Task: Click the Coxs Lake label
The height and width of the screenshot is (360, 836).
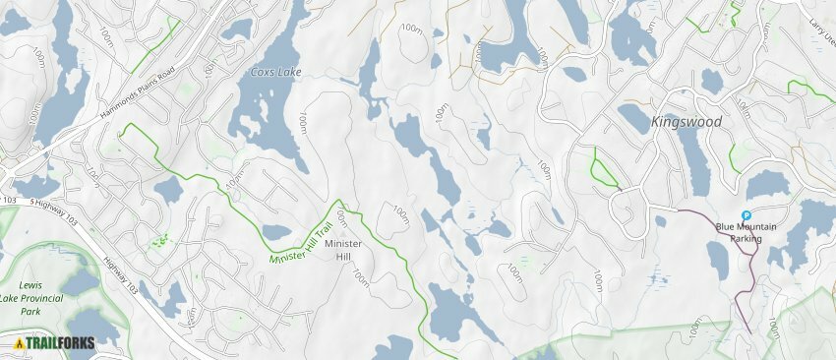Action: tap(274, 73)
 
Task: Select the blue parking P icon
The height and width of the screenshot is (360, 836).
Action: tap(746, 215)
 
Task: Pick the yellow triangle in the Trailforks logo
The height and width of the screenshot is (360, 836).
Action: tap(20, 343)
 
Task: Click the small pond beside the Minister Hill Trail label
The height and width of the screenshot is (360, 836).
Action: tap(276, 233)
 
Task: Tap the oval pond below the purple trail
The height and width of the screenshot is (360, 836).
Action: tap(718, 260)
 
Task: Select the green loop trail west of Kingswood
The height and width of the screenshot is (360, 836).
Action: tap(603, 169)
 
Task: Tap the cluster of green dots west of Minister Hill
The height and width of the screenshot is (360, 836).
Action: tap(158, 238)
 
